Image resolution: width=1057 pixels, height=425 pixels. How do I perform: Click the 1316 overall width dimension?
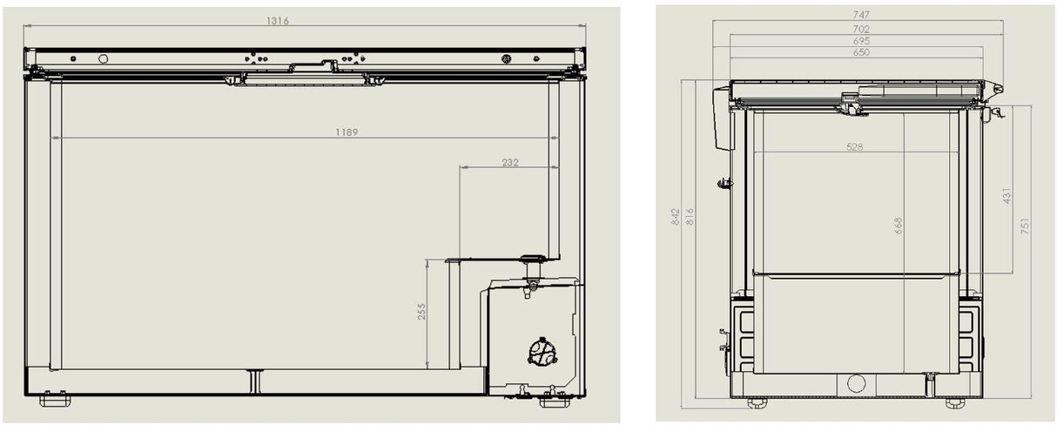(x=278, y=20)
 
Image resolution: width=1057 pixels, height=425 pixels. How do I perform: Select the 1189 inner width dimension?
(x=346, y=132)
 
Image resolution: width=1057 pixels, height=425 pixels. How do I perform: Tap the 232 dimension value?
(x=510, y=162)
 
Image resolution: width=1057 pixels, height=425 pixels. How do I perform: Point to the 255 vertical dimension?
(x=421, y=312)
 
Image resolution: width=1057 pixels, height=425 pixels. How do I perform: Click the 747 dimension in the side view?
(x=860, y=16)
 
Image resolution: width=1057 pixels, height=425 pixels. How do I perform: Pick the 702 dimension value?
(x=860, y=29)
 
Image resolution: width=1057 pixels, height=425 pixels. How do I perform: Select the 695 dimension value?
(x=860, y=41)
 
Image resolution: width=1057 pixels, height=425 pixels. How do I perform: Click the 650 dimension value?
(x=860, y=52)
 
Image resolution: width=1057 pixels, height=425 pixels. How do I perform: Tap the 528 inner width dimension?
(x=854, y=147)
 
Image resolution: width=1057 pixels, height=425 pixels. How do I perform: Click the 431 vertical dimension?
(x=1007, y=196)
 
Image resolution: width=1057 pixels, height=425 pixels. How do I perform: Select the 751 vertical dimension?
(x=1026, y=226)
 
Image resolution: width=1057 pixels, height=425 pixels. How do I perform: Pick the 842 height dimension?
(x=676, y=217)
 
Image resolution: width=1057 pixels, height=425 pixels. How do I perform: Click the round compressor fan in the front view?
(x=542, y=352)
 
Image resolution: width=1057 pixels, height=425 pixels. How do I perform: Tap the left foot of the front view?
(x=55, y=400)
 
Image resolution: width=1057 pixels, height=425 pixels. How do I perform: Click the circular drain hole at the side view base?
(x=856, y=383)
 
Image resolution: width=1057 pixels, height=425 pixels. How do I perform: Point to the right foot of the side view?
(x=955, y=402)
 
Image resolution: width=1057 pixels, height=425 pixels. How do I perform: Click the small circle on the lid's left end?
(x=103, y=59)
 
